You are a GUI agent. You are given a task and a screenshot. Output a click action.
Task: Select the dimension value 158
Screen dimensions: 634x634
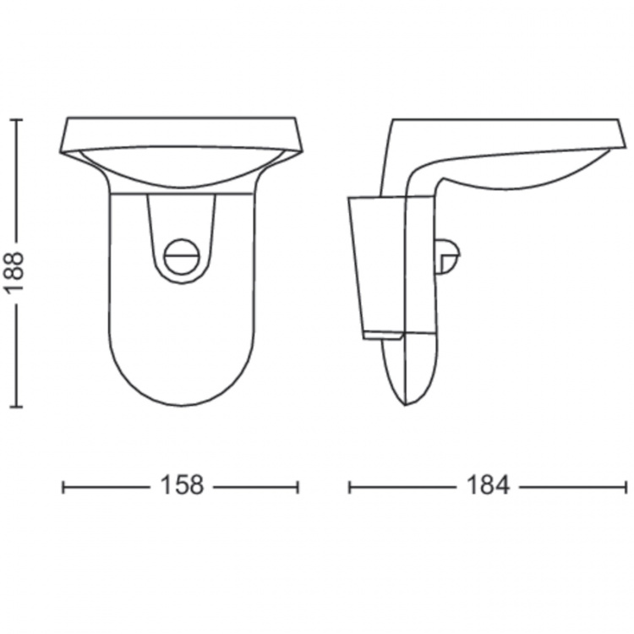(181, 486)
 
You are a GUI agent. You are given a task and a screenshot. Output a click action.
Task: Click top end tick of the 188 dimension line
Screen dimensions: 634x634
(17, 120)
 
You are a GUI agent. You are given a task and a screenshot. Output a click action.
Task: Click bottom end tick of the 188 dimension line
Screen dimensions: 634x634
(17, 407)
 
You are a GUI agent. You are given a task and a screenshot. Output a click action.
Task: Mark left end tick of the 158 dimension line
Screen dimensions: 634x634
(64, 486)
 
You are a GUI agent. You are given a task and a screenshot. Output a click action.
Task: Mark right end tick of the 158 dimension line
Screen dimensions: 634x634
(298, 486)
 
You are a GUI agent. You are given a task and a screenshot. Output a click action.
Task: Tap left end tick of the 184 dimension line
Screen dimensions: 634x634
(350, 486)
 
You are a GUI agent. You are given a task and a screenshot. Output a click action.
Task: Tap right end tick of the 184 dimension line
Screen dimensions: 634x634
(626, 486)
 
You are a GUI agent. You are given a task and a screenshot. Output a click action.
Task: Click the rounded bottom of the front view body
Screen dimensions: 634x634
(181, 397)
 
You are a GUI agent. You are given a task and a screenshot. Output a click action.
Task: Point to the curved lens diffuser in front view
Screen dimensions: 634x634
(181, 169)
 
